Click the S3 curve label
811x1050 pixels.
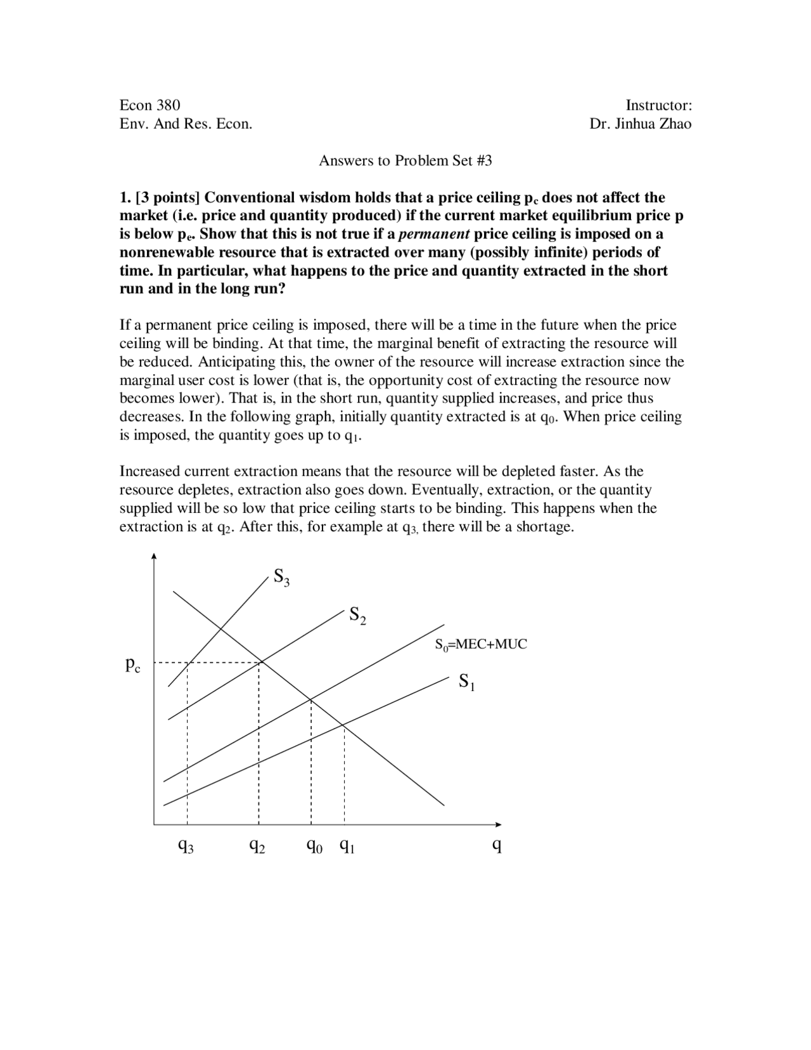pos(281,578)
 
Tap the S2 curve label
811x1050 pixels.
pos(357,616)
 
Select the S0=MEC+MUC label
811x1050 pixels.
pos(480,645)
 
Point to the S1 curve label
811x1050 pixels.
pos(466,683)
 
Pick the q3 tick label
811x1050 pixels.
pos(186,846)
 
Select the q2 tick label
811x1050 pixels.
pos(257,846)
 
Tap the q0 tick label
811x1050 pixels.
pos(314,846)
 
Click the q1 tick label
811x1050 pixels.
pos(347,846)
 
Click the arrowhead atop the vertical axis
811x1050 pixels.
pos(154,557)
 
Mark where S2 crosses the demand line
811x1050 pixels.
pos(260,663)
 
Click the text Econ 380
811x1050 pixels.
pos(150,105)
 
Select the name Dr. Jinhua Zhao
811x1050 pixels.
pos(640,124)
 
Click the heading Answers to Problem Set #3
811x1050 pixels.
pos(405,160)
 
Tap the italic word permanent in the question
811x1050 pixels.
pos(434,234)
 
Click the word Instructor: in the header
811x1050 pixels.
pos(658,105)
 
